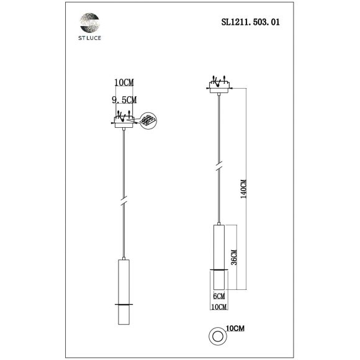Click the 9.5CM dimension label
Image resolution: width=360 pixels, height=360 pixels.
coord(124,99)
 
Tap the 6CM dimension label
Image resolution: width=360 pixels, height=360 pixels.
coord(218,297)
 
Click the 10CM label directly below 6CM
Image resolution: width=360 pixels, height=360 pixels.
coord(218,307)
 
